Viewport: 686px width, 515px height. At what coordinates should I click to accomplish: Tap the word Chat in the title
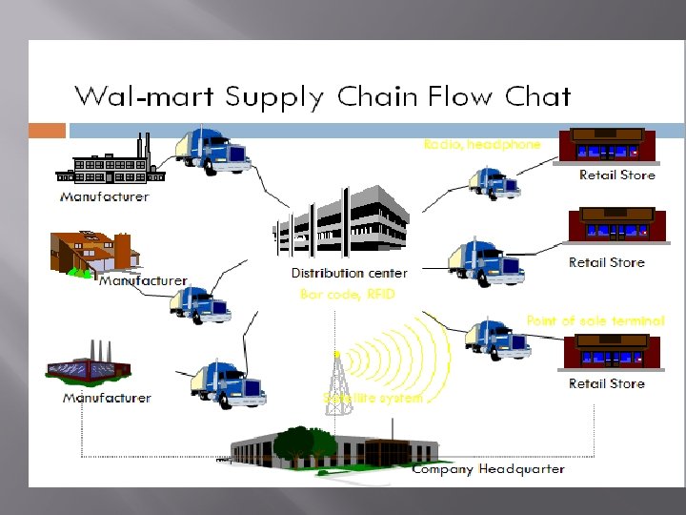[x=536, y=97]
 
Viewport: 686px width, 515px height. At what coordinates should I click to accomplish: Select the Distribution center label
[x=350, y=274]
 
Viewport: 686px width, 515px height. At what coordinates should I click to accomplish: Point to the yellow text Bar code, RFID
[x=347, y=295]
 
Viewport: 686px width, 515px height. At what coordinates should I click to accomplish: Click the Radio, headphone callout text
[x=482, y=144]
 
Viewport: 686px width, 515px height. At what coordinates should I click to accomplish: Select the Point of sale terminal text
[x=595, y=321]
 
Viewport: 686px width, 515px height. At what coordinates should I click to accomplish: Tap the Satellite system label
[x=373, y=397]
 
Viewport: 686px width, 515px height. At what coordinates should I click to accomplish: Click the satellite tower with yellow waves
[x=337, y=381]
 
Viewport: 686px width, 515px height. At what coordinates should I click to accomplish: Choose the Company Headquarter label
[x=489, y=468]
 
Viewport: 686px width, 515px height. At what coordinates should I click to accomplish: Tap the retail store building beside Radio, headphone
[x=608, y=146]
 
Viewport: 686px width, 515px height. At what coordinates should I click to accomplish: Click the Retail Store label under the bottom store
[x=607, y=383]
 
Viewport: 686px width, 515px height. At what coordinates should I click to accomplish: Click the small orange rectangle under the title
[x=47, y=131]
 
